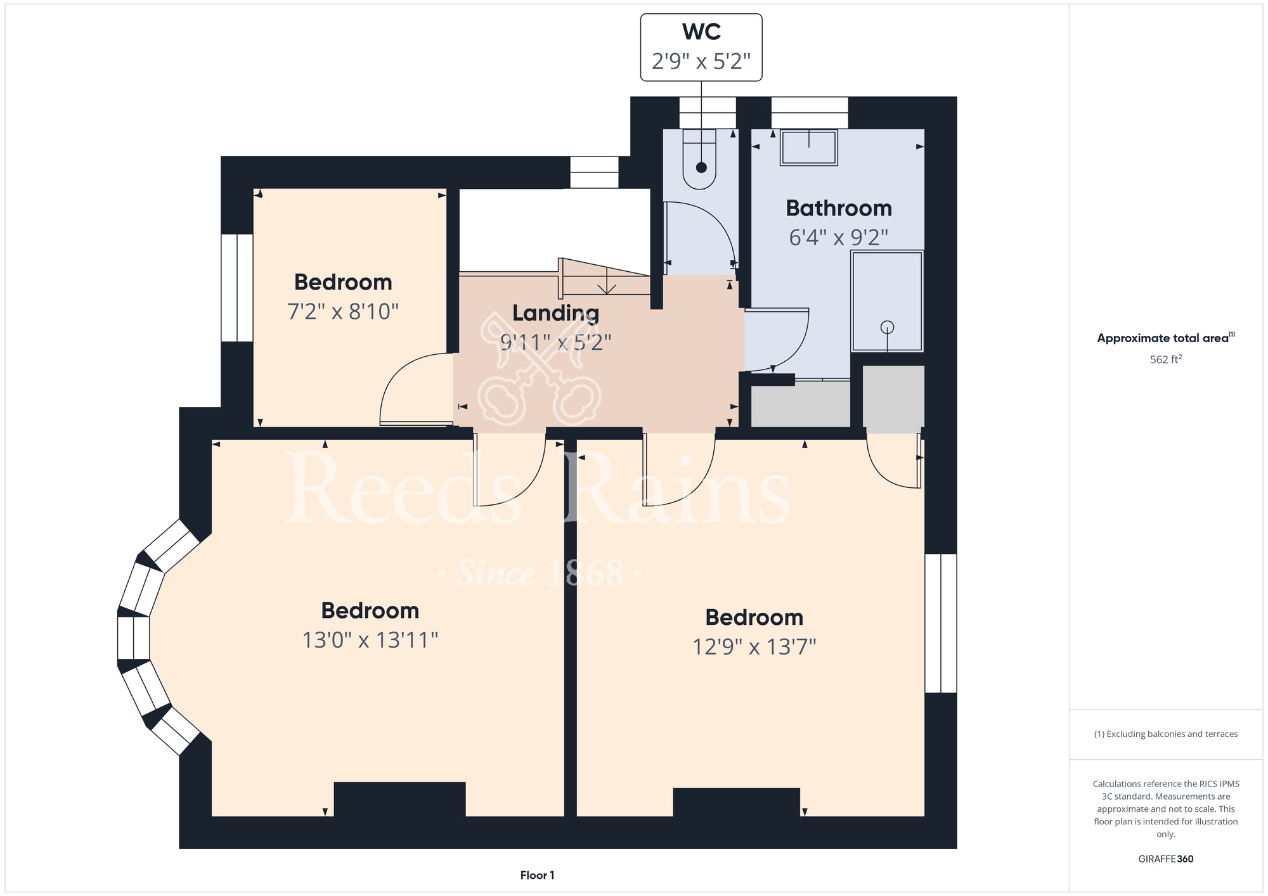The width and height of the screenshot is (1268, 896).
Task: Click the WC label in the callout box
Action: [x=701, y=32]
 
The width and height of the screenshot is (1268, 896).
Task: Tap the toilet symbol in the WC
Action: [x=699, y=159]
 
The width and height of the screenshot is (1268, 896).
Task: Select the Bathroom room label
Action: [x=839, y=208]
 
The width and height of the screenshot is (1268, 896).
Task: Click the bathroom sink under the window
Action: [x=809, y=148]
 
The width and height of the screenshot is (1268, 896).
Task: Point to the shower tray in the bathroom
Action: [x=887, y=301]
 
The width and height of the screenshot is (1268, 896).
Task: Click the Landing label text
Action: [x=555, y=314]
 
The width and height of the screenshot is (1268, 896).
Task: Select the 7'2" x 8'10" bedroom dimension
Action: [x=343, y=312]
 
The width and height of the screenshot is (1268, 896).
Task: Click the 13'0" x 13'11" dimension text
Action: [x=370, y=640]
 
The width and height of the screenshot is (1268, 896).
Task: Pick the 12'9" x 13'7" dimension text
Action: [x=754, y=647]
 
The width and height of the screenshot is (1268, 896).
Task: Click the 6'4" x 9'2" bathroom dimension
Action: [x=838, y=238]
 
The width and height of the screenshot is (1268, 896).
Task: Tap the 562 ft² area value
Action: [x=1166, y=359]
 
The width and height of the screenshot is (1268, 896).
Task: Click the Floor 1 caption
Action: [x=537, y=875]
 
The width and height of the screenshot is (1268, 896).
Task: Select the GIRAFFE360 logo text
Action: [x=1166, y=859]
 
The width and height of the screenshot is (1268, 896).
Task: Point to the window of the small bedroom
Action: [x=237, y=288]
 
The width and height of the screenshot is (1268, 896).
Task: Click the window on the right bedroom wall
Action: [x=941, y=624]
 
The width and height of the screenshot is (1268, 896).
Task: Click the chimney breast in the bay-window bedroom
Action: [x=399, y=800]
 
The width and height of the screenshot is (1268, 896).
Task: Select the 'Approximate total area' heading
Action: [x=1166, y=338]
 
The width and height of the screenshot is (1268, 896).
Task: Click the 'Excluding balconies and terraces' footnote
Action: [x=1166, y=734]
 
